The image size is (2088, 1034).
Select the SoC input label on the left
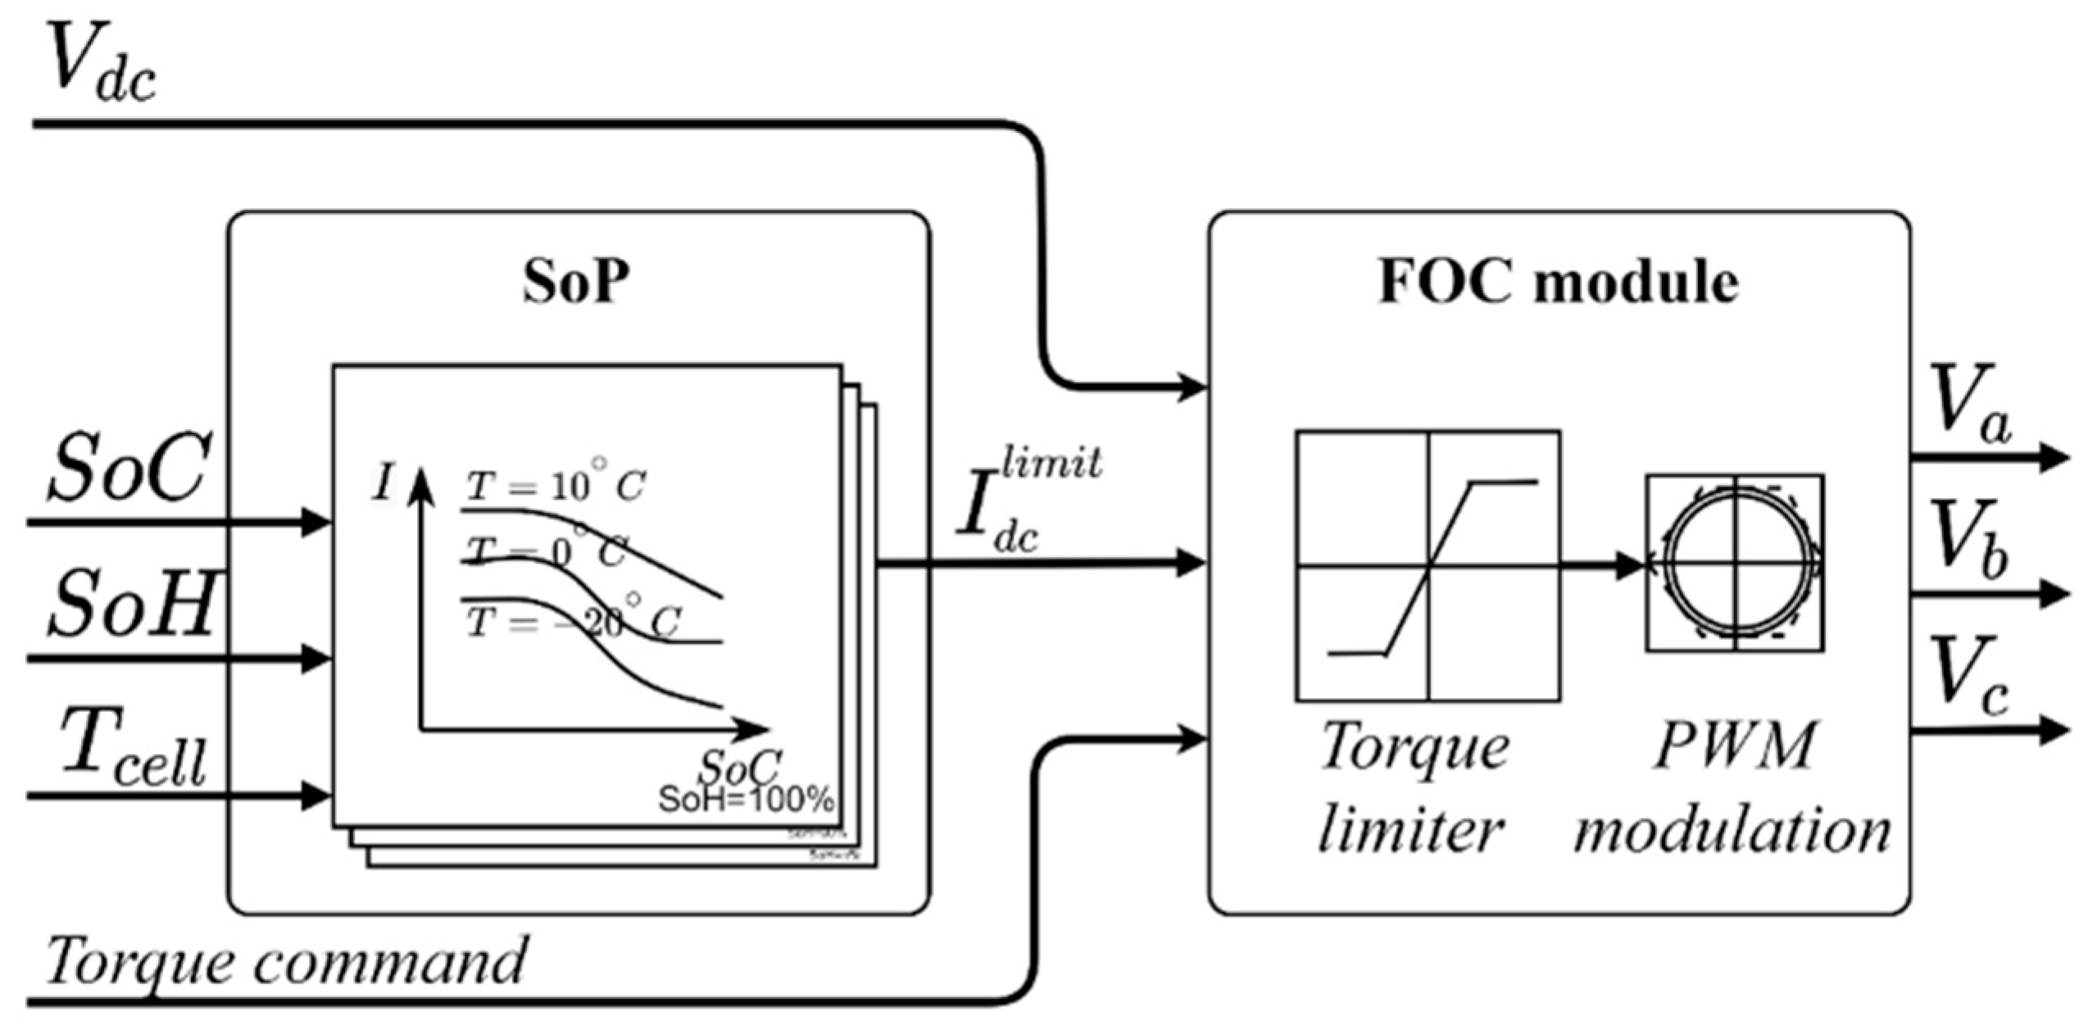pyautogui.click(x=127, y=469)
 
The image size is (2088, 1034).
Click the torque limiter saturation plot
pyautogui.click(x=1428, y=565)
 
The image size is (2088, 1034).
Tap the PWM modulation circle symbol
pyautogui.click(x=1735, y=564)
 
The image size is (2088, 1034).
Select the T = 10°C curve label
pyautogui.click(x=556, y=487)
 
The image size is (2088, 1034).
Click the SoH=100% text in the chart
pyautogui.click(x=746, y=799)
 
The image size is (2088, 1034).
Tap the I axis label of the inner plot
pyautogui.click(x=382, y=483)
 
